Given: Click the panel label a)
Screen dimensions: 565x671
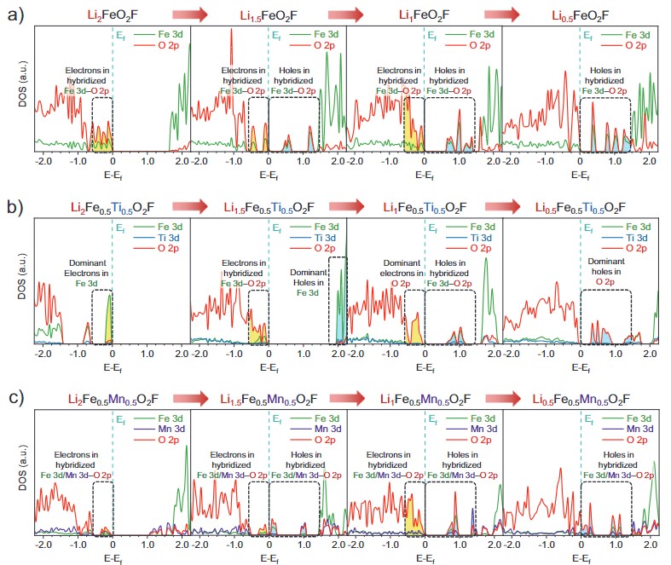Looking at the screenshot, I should click(x=14, y=14).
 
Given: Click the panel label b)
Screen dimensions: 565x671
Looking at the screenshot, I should click(x=14, y=208).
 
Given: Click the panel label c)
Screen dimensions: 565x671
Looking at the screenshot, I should click(x=14, y=399).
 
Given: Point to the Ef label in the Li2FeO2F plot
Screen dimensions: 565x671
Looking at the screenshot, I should click(x=124, y=34).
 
